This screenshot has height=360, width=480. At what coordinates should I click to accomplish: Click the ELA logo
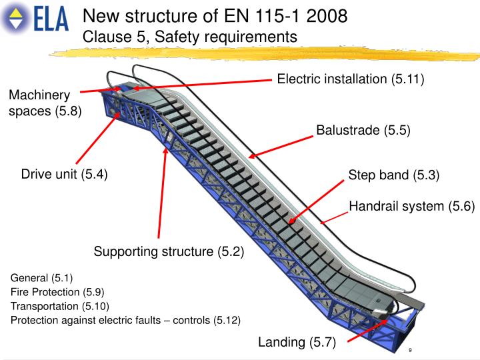37,19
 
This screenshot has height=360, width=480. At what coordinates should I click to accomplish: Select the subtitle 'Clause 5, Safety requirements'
189,36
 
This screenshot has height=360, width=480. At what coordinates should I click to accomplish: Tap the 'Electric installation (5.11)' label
351,79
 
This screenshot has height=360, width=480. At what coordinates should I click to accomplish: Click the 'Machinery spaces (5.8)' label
44,103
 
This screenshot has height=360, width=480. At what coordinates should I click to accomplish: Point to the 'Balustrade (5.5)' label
363,130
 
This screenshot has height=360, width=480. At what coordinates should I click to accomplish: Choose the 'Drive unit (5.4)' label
64,175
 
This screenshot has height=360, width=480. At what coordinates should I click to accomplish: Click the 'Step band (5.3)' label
394,175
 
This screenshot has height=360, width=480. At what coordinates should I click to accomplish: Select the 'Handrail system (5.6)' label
411,207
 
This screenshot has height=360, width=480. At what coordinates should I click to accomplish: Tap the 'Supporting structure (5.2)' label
169,251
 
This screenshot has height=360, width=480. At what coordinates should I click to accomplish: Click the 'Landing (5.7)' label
297,343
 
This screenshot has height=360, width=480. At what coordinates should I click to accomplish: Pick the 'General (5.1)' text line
42,277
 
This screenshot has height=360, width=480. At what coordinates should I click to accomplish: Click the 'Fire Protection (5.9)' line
57,292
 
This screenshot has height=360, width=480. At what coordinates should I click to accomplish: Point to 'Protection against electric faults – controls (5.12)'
125,320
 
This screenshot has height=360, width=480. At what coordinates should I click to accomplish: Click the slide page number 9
409,350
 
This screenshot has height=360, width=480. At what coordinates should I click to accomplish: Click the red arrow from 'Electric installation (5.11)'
200,83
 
